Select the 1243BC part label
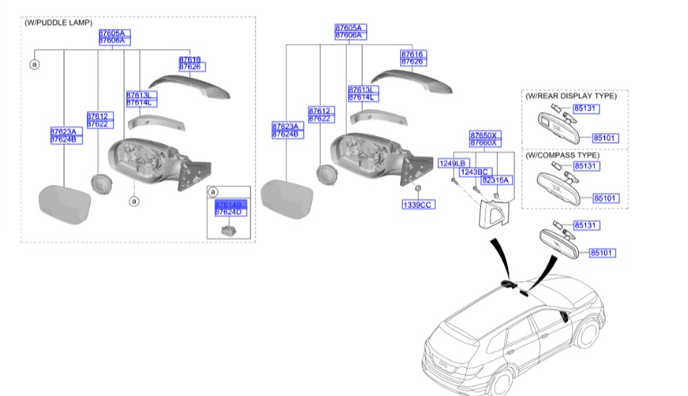474,172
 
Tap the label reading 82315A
496,179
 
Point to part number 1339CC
417,205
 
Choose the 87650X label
484,136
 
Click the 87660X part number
484,143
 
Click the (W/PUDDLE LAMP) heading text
58,23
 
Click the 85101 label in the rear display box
606,137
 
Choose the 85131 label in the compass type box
585,167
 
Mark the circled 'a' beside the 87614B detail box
212,192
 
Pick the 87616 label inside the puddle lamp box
190,59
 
